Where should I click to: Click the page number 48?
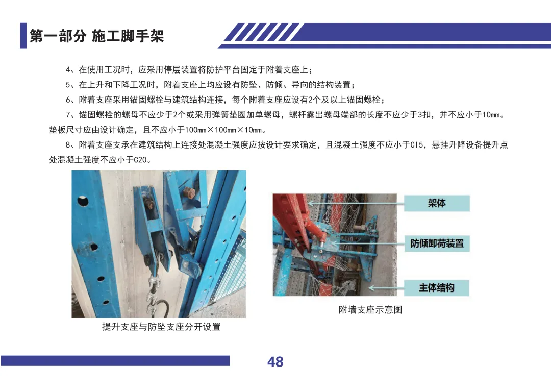tap(275, 362)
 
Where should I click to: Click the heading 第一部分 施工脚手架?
tap(96, 36)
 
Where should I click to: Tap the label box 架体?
tap(437, 203)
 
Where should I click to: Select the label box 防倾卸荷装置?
tap(437, 243)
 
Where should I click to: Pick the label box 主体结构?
tap(437, 288)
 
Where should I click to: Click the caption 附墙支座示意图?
tap(370, 310)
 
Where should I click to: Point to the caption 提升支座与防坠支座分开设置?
tap(161, 327)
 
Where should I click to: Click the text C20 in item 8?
tap(140, 160)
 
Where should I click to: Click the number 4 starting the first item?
tap(68, 69)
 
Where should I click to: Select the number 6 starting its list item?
tap(68, 100)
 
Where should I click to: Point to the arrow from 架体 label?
tap(356, 203)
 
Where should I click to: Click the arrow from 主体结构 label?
tap(386, 288)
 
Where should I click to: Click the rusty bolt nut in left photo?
tap(189, 193)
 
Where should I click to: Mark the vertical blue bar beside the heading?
tap(23, 36)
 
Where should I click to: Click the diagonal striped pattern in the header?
tap(262, 32)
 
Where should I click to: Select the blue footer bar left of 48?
tap(115, 361)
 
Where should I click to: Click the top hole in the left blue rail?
tap(83, 201)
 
